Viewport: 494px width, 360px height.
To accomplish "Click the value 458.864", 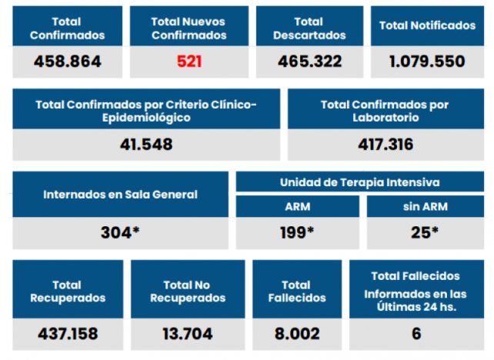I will (x=67, y=62).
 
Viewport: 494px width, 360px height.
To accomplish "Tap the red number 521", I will (x=189, y=62).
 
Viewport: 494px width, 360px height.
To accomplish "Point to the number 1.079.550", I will (x=427, y=62).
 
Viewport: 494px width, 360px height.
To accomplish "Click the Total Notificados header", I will (x=427, y=25).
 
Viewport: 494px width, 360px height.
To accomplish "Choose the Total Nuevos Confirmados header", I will (x=189, y=28).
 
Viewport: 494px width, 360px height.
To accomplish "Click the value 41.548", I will (x=146, y=144).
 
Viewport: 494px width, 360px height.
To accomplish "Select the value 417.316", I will (x=386, y=144).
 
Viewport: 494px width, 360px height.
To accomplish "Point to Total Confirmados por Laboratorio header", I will (x=386, y=111).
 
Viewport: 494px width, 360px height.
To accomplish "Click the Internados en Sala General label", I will (x=120, y=195).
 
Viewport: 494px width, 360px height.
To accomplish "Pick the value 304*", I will (x=120, y=232).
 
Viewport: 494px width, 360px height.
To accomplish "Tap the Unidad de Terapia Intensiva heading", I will (x=359, y=182).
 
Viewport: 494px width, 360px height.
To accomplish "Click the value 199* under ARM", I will (x=297, y=232).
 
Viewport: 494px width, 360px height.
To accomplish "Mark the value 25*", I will (x=425, y=232).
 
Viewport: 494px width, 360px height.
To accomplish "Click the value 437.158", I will (x=68, y=334).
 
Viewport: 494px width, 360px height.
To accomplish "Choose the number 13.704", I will (x=187, y=334).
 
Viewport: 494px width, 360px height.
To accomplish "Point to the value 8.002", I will (x=297, y=334).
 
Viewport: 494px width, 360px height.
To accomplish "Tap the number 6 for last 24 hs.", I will (x=416, y=334).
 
